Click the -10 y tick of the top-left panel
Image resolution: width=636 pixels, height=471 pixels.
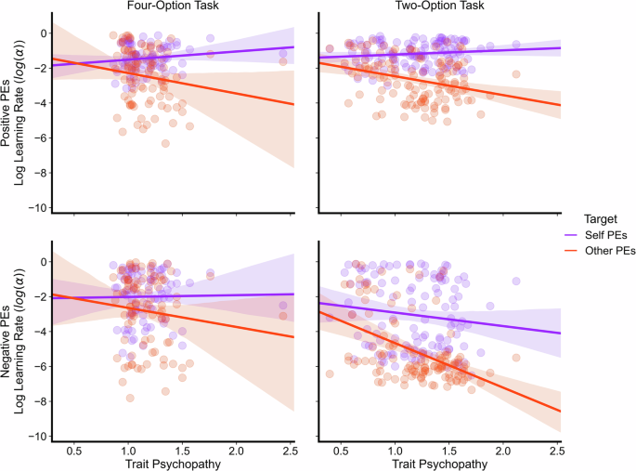pos(35,206)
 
